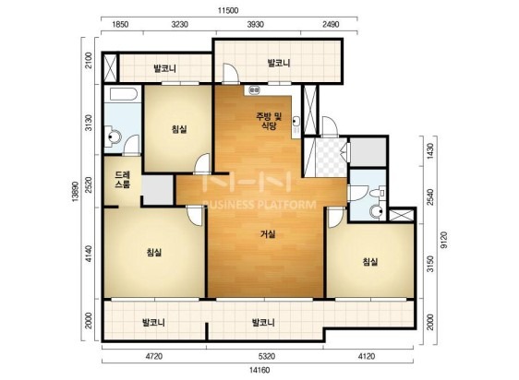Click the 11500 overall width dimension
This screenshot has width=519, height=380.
coord(228,10)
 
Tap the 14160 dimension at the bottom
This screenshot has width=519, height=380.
coord(259,370)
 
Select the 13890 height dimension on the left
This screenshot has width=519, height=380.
coord(76,191)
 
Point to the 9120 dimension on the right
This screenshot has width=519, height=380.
coord(444,240)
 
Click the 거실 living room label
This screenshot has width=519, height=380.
coord(268,234)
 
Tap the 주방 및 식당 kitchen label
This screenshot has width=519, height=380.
coord(269,121)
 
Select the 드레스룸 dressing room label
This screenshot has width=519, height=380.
coord(123,180)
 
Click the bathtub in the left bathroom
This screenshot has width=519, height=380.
coord(123,94)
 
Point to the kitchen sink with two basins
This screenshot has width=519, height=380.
coord(255,89)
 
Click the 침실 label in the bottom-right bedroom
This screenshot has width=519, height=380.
coord(370,262)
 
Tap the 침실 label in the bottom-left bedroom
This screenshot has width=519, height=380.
coord(154,253)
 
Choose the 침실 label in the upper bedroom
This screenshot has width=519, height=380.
coord(179,129)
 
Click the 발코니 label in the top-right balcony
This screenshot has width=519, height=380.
coord(279,63)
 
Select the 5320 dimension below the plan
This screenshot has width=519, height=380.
coord(267,357)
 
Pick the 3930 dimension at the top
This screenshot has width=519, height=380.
coord(256,24)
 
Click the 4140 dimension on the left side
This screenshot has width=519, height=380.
coord(89,254)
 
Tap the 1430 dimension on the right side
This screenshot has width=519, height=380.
coord(430,151)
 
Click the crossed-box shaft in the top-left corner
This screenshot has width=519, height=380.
coord(110,67)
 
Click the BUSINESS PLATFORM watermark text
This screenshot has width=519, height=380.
coord(259,205)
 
